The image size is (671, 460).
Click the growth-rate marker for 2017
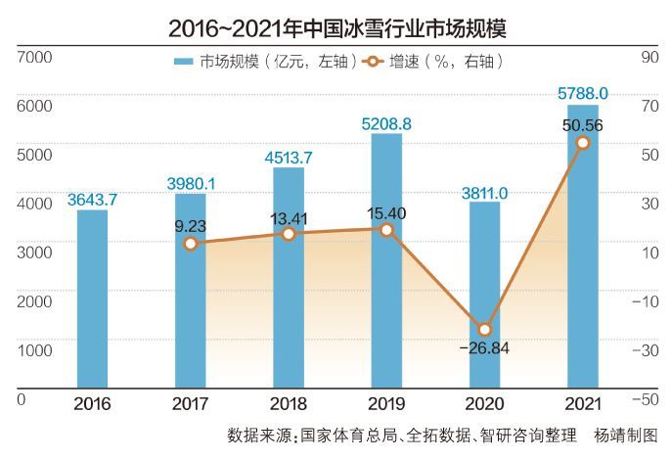tap(191, 244)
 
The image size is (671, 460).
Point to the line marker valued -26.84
tap(484, 330)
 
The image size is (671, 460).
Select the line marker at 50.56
tap(582, 143)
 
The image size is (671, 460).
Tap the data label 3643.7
tap(92, 200)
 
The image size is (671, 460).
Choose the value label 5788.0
tap(583, 94)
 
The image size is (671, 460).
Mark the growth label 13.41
tap(289, 217)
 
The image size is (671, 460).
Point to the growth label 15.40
tap(386, 212)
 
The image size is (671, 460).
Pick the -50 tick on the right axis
tap(643, 399)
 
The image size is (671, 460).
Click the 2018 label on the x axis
tap(289, 403)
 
